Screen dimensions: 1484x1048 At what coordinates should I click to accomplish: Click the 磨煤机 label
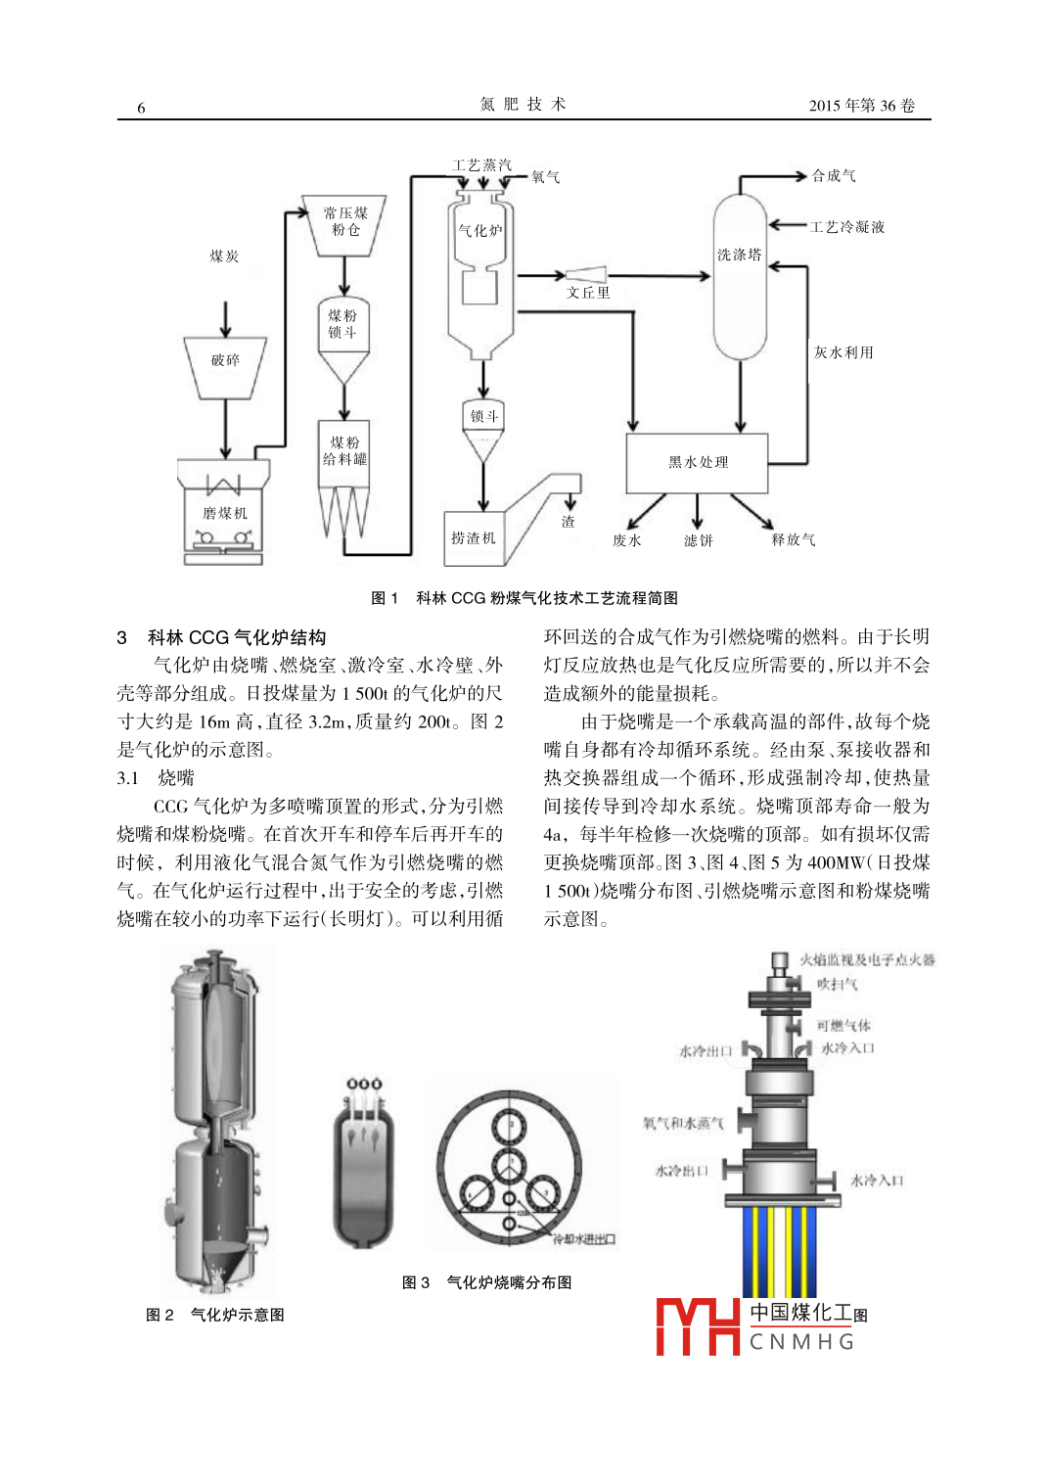[225, 513]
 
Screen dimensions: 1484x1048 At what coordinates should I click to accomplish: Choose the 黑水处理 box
[698, 462]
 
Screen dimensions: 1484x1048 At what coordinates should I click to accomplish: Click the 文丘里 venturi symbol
[586, 275]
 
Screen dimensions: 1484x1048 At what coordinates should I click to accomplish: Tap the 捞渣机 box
[474, 537]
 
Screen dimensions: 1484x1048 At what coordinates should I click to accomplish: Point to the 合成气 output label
[834, 176]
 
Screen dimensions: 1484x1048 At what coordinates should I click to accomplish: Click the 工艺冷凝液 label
[847, 227]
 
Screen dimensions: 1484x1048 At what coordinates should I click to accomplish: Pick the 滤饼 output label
[699, 540]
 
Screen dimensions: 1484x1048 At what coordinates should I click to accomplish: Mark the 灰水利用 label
[843, 352]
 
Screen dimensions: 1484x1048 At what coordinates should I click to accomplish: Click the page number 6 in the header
[141, 108]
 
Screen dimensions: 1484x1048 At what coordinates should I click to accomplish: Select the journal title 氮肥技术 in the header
[523, 105]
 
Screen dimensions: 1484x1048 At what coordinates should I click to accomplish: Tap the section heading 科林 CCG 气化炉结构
[236, 637]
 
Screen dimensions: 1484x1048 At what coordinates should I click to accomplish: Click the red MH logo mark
[698, 1326]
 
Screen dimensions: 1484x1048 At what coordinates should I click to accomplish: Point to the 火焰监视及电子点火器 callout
[867, 960]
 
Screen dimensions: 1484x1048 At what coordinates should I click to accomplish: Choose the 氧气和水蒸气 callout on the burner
[682, 1123]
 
